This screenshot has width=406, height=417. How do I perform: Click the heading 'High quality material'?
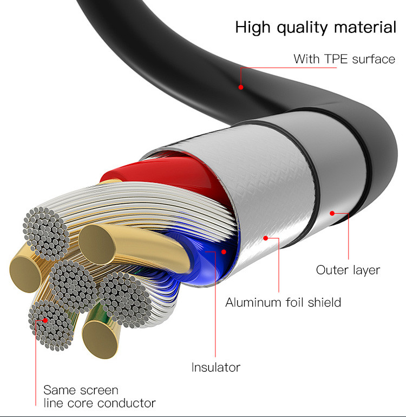pyautogui.click(x=316, y=28)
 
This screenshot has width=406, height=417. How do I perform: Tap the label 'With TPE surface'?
pyautogui.click(x=344, y=59)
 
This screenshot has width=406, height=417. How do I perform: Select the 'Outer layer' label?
pyautogui.click(x=348, y=269)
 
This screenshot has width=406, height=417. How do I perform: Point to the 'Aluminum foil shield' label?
pyautogui.click(x=283, y=302)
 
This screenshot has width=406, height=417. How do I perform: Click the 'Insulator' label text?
pyautogui.click(x=215, y=368)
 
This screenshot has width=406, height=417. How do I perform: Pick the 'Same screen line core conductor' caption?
pyautogui.click(x=99, y=396)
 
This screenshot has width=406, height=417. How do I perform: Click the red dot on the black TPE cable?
pyautogui.click(x=241, y=87)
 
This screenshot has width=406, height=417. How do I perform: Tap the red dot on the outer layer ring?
pyautogui.click(x=332, y=213)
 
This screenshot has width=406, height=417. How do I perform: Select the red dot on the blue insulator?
pyautogui.click(x=224, y=251)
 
